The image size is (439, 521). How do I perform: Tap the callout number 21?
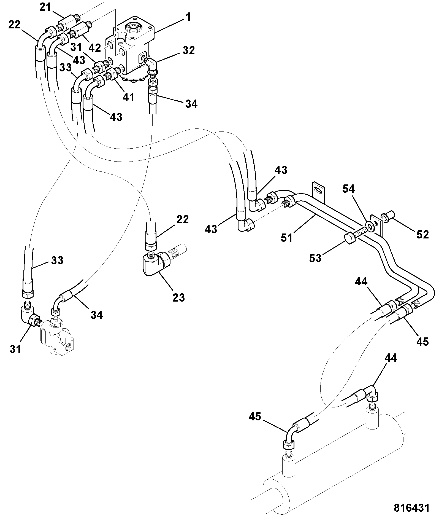click(45, 7)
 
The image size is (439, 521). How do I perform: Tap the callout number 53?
click(315, 258)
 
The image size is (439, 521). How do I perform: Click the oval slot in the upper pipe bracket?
click(318, 191)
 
